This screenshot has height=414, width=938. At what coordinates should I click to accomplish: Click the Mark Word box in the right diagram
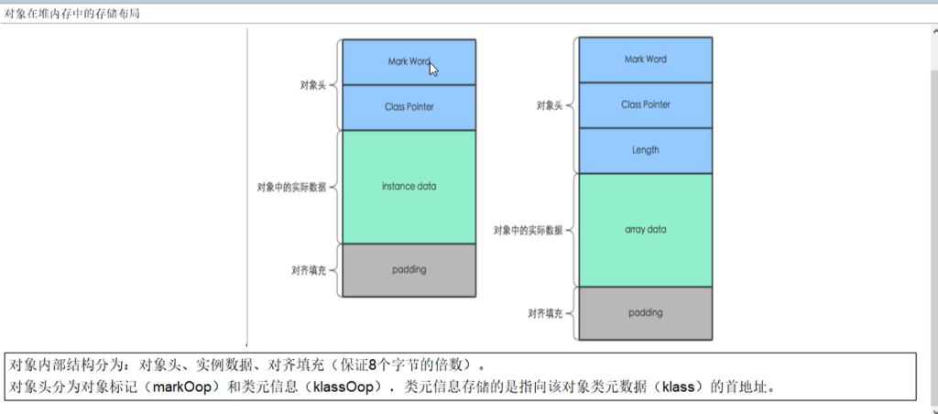[645, 60]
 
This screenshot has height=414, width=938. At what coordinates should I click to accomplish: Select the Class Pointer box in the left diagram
[409, 107]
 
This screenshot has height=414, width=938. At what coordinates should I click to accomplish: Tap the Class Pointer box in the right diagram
[645, 104]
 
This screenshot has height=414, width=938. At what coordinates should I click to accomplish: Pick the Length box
[645, 150]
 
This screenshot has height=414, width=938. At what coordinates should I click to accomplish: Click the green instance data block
[409, 187]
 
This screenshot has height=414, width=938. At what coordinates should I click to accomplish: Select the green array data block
[645, 229]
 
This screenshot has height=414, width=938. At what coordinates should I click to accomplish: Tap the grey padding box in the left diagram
[409, 270]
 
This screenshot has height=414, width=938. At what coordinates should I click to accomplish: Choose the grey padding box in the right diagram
[645, 312]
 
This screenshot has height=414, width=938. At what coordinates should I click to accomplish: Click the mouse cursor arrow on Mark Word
[433, 69]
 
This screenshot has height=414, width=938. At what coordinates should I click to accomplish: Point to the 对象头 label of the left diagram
[312, 85]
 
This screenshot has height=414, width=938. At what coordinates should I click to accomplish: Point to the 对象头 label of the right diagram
[549, 105]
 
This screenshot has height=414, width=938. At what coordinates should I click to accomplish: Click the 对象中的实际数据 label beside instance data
[291, 187]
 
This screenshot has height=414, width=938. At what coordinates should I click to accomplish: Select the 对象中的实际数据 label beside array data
[528, 230]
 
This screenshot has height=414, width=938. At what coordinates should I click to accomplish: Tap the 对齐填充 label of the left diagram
[308, 270]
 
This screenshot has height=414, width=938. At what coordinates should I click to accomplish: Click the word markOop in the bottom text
[184, 387]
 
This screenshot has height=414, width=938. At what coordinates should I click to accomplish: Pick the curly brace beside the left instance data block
[333, 187]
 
